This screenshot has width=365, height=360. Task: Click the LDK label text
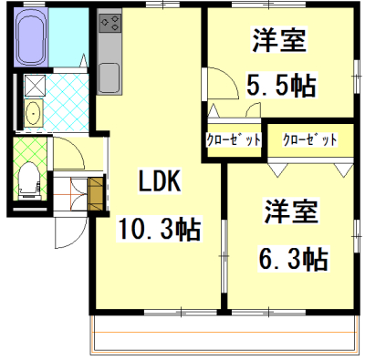coord(160,181)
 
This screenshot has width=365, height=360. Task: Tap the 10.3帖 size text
coord(160,227)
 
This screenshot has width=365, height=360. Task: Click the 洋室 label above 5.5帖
coord(279,41)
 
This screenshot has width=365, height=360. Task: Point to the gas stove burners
coord(109,22)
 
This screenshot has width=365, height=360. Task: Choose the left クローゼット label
coord(234,139)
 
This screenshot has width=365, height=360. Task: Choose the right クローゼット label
coord(310,139)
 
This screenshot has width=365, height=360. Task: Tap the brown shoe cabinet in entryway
coord(96,192)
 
